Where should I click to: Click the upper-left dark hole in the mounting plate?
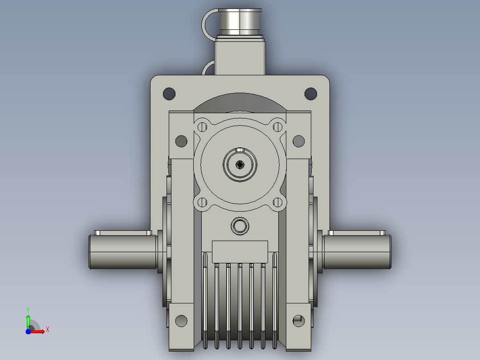[x=169, y=94]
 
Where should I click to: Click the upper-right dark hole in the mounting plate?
[x=311, y=94]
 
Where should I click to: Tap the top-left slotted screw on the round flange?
[x=202, y=127]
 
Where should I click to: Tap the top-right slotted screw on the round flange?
[x=278, y=127]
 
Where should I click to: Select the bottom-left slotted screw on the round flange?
[x=202, y=202]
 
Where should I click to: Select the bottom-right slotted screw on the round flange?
[x=278, y=202]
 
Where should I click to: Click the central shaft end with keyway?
[x=240, y=164]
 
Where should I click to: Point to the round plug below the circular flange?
[x=240, y=226]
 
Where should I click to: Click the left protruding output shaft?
[x=123, y=252]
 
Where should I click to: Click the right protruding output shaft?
[x=357, y=252]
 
